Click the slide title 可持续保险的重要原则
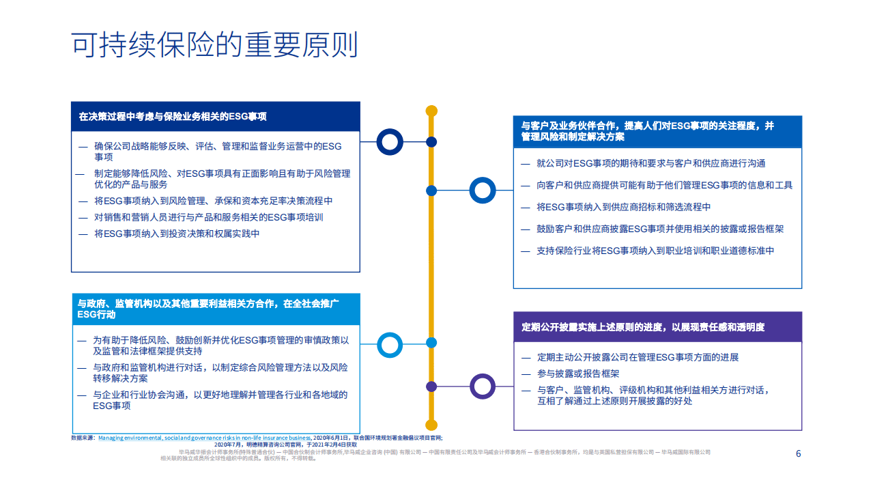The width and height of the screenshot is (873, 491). click(214, 45)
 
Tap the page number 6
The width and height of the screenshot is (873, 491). click(798, 454)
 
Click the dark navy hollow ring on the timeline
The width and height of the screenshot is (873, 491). click(390, 142)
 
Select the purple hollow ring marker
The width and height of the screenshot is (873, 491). click(483, 387)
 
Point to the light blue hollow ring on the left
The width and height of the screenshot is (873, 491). click(390, 345)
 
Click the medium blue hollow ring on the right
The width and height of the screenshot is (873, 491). click(483, 191)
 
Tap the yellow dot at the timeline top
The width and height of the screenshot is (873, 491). click(431, 111)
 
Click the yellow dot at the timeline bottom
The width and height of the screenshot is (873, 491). click(431, 425)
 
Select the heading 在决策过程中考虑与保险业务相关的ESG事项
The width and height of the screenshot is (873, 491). click(173, 117)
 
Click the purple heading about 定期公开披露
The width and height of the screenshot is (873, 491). click(643, 327)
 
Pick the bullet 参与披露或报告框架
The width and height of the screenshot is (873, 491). click(578, 374)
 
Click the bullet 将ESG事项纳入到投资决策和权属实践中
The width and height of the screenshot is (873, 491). click(177, 234)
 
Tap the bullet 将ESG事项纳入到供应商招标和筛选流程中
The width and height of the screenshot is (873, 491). click(624, 207)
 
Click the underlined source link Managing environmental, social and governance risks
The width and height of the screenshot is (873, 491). click(204, 438)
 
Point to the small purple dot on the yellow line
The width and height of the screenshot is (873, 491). click(431, 387)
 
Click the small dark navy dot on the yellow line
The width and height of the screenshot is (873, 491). click(431, 142)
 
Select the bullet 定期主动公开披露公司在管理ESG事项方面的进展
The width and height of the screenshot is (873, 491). click(638, 357)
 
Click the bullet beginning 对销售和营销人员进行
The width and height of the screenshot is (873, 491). click(209, 217)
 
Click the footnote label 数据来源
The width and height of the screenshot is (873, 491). click(83, 438)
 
